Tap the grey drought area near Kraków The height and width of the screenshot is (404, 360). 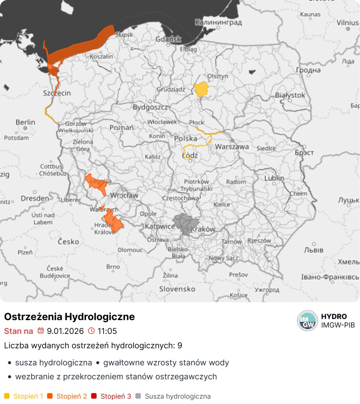pyautogui.click(x=183, y=224)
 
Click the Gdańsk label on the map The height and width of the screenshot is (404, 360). pyautogui.click(x=168, y=39)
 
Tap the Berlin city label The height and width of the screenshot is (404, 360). pyautogui.click(x=25, y=122)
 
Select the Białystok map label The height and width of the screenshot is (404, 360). pyautogui.click(x=290, y=95)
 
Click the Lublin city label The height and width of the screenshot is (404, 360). pyautogui.click(x=274, y=178)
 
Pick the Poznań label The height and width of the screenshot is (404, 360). pyautogui.click(x=122, y=128)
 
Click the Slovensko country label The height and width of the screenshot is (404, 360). pyautogui.click(x=177, y=289)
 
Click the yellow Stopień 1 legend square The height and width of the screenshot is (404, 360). pyautogui.click(x=7, y=396)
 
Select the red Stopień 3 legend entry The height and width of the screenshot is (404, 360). pyautogui.click(x=115, y=396)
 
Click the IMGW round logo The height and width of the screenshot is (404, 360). pyautogui.click(x=307, y=321)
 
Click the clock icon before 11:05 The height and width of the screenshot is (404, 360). pyautogui.click(x=91, y=331)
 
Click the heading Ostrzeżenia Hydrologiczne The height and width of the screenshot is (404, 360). pyautogui.click(x=69, y=317)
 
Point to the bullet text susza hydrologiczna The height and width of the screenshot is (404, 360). pyautogui.click(x=54, y=363)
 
